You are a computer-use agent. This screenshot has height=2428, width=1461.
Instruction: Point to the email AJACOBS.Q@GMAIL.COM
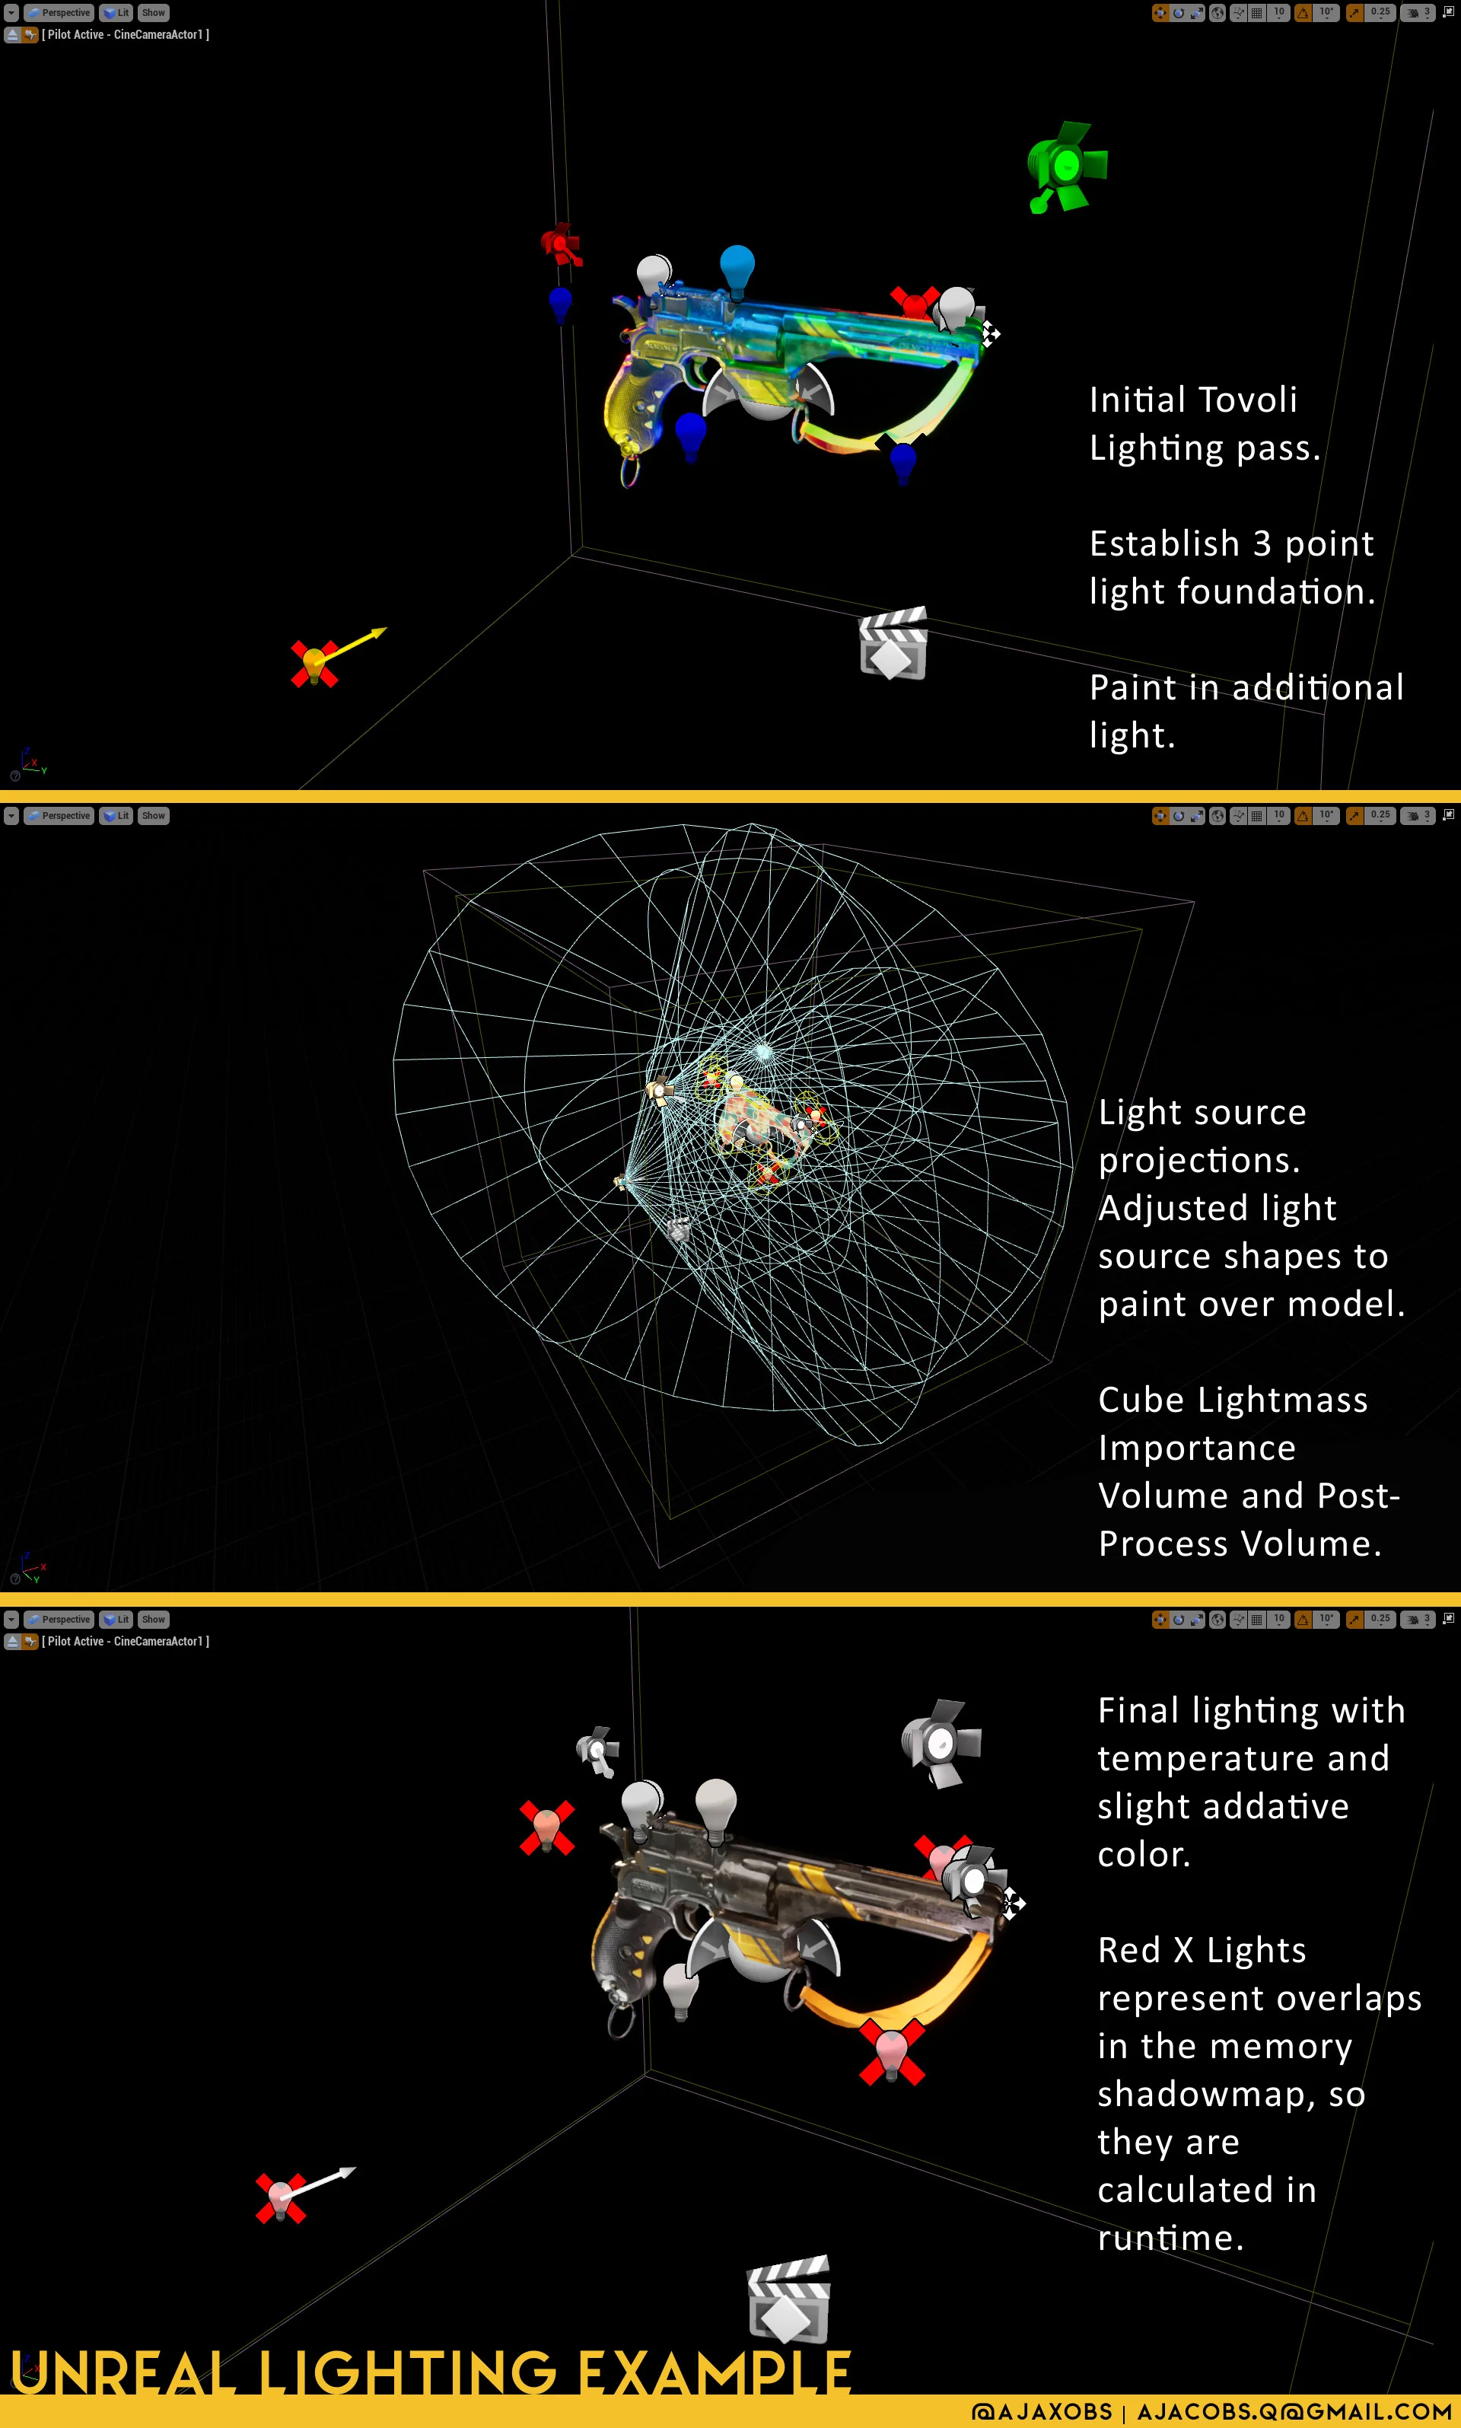(1294, 2411)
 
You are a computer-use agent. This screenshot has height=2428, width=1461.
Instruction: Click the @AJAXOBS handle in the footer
(1042, 2411)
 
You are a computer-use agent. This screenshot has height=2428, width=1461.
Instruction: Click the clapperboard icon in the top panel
(893, 644)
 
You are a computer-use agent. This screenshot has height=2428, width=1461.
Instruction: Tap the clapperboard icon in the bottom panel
(788, 2299)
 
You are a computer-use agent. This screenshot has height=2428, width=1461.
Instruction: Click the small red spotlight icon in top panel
(561, 244)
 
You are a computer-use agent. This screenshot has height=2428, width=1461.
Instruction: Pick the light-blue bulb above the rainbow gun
(737, 269)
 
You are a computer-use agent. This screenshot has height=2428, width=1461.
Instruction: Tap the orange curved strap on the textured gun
(896, 1987)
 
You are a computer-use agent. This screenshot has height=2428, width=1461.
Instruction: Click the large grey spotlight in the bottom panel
(941, 1743)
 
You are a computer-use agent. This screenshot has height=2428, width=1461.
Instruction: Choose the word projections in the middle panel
(1200, 1161)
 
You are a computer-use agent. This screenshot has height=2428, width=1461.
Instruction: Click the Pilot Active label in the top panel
(125, 34)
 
